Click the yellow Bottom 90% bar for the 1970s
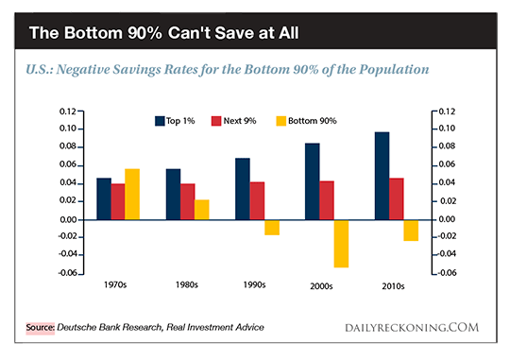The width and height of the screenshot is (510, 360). coord(132,194)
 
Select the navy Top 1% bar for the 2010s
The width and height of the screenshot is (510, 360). coord(382,176)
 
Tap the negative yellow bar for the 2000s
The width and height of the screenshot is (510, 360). coord(341,244)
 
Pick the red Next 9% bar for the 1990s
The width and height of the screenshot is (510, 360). coord(257,200)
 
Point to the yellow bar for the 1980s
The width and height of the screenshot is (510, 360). coord(202,210)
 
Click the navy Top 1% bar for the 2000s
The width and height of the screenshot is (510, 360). coord(313,181)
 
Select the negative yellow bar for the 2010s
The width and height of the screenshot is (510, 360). coord(411,231)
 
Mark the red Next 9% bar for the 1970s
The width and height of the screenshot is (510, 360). coord(118,201)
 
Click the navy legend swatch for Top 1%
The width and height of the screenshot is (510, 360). coord(160,121)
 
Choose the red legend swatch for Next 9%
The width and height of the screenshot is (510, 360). coord(216,121)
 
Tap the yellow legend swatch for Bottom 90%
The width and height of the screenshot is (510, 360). coord(281,121)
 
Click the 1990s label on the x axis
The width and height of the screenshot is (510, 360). coord(254,285)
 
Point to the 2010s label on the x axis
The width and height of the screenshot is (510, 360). coord(393,286)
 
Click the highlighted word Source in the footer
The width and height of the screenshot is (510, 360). coord(41,328)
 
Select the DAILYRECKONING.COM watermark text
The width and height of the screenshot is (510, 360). coord(412,328)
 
